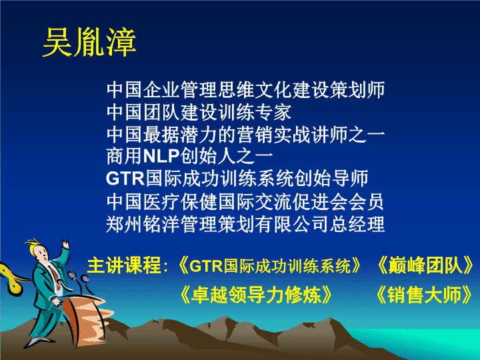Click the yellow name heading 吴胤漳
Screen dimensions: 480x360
[x=89, y=42]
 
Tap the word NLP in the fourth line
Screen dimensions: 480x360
[x=161, y=156]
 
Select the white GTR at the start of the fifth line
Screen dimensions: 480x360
[x=125, y=178]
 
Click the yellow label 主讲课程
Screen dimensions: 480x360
[x=124, y=265]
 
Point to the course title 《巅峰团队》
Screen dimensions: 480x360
[x=425, y=265]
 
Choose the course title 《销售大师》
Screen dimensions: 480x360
[x=425, y=295]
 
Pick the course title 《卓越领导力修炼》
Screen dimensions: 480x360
[x=256, y=295]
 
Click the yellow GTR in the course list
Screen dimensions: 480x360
[x=206, y=266]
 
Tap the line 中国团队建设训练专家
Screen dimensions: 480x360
[x=199, y=112]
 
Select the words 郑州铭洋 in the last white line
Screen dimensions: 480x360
[x=143, y=224]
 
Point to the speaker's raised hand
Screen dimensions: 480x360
[x=65, y=244]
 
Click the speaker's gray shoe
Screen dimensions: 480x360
[x=38, y=341]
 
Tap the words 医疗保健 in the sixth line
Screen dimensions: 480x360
[x=180, y=202]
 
